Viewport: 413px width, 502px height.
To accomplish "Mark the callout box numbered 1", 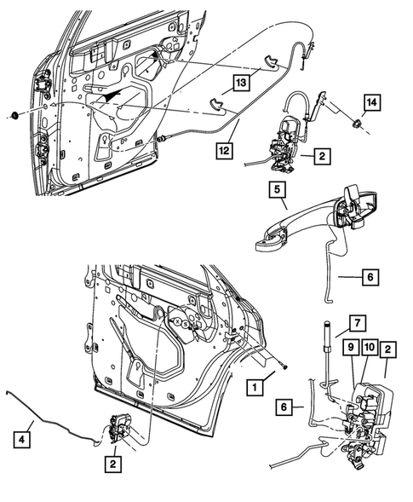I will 252,386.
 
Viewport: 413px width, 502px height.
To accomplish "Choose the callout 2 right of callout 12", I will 323,156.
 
